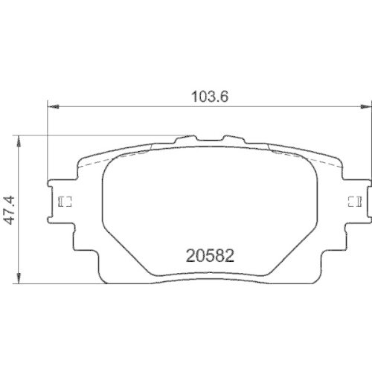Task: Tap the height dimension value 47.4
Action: (10, 210)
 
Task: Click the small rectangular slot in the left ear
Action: (64, 202)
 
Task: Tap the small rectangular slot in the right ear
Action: (353, 201)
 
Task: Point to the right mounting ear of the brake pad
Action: (356, 201)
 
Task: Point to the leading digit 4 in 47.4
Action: (10, 222)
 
